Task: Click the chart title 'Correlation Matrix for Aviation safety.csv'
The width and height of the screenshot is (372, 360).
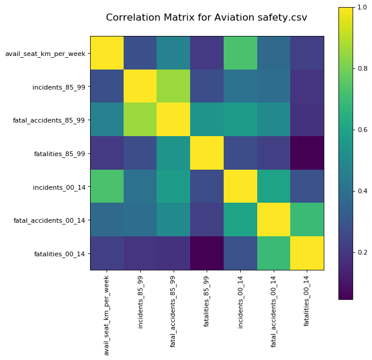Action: click(x=206, y=18)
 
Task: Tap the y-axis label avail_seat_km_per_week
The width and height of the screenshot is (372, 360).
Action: click(x=45, y=54)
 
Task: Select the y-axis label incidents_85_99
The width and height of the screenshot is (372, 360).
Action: click(x=58, y=87)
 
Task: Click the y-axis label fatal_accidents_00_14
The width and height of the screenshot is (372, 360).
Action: click(x=50, y=220)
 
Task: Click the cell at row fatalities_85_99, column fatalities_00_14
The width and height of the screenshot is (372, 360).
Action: click(x=307, y=153)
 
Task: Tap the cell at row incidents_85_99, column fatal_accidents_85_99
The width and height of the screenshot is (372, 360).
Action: click(x=174, y=87)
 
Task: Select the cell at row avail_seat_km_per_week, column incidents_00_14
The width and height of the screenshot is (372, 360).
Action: click(x=241, y=53)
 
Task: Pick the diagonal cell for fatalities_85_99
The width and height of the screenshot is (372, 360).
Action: click(x=207, y=153)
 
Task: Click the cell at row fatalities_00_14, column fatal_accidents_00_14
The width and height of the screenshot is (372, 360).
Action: click(x=274, y=253)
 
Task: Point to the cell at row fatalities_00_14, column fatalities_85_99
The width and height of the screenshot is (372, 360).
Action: click(x=207, y=253)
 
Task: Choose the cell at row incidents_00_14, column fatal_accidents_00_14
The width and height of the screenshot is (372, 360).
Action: click(x=274, y=187)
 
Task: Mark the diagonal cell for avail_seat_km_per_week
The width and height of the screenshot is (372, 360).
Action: click(x=107, y=53)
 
